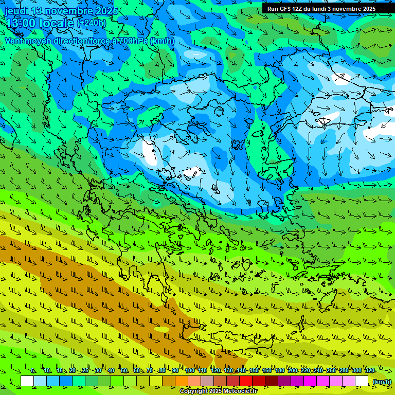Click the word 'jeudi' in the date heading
tap(16, 11)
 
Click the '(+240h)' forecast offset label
tap(92, 23)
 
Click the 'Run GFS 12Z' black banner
tap(321, 9)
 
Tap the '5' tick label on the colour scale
tap(33, 370)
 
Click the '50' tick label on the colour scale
tap(124, 370)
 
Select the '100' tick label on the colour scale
tap(189, 370)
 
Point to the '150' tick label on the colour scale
tap(254, 370)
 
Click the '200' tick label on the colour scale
tap(293, 370)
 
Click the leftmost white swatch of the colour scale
tap(27, 381)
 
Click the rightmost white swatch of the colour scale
tap(362, 381)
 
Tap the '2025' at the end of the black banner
tap(367, 9)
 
